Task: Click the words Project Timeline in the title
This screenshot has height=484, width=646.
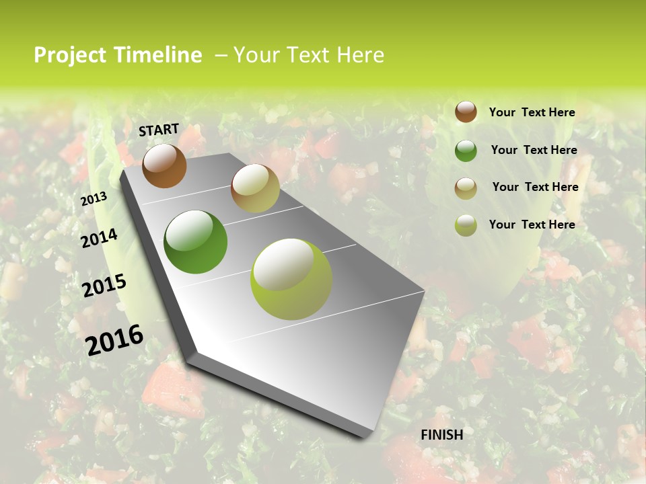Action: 118,55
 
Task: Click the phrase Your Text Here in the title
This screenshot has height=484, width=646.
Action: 308,55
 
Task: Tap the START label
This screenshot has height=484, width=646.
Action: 159,130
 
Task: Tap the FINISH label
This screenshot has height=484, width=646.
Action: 442,435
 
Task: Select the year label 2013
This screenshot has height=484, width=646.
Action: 94,199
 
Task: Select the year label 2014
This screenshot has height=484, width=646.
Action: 99,238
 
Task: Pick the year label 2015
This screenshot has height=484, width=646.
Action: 104,285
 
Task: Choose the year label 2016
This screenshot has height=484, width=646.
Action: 114,339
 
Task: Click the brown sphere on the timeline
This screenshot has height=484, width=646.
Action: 164,166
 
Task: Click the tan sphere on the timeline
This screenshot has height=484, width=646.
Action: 255,188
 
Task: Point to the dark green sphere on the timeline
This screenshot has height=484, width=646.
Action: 195,242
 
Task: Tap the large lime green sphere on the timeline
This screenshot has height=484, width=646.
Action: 291,279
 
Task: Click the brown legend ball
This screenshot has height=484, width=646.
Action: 466,112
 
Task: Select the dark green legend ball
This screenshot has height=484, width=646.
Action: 466,151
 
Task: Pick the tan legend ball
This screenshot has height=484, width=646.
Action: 466,188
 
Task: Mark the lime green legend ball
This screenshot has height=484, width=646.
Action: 466,225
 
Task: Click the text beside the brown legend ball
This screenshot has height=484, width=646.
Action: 532,112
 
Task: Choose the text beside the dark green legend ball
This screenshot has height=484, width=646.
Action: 534,150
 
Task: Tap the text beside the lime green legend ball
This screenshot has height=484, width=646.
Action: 532,225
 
